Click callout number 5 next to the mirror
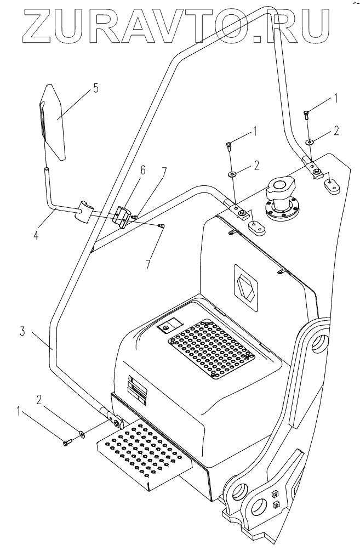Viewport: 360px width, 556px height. coord(95,88)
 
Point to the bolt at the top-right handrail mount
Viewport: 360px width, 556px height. coord(305,114)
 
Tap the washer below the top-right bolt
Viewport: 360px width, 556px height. coord(310,142)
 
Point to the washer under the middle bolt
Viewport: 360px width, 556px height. coord(233,174)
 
